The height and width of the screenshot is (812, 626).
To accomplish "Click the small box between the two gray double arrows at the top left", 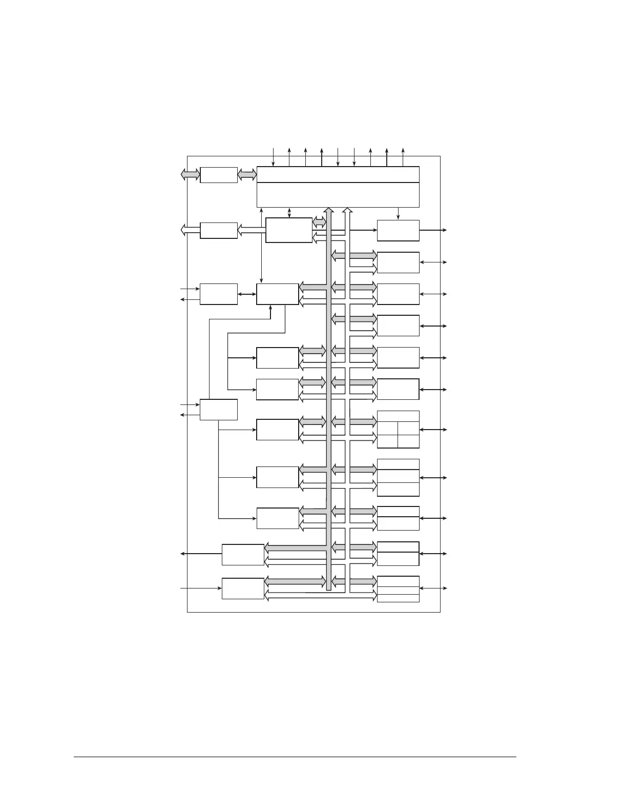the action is [x=219, y=175].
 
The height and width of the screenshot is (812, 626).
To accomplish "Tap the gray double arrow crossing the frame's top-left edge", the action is [x=190, y=175].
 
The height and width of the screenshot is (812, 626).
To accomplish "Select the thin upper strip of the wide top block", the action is [x=338, y=174].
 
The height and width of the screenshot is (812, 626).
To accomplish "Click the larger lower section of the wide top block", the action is [x=338, y=195].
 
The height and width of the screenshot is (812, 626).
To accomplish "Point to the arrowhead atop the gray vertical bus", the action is [x=329, y=210].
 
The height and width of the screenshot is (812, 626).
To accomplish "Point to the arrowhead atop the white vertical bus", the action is [x=347, y=210].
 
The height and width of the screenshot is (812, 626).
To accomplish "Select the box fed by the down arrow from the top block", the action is [x=398, y=231].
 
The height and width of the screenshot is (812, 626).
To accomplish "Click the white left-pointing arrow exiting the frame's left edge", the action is [x=190, y=231].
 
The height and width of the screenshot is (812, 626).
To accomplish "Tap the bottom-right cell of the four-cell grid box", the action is [x=408, y=441].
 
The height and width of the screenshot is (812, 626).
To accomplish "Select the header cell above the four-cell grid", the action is [x=398, y=416].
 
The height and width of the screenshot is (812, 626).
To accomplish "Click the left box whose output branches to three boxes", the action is [x=219, y=410].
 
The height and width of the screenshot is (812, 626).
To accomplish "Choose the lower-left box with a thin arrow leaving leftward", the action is [x=243, y=555].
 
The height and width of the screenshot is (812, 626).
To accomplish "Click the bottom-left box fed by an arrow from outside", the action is [x=243, y=588].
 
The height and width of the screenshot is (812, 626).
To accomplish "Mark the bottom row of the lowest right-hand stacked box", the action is [x=398, y=599].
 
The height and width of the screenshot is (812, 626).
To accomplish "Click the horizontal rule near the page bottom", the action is [x=295, y=757].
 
